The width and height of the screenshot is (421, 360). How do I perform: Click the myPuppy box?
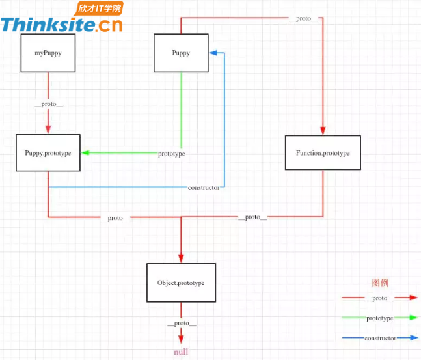click(48, 53)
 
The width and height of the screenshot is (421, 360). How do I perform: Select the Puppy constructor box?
click(181, 53)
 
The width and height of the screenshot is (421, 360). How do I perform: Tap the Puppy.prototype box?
click(48, 153)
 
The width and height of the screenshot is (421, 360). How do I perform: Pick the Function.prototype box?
click(322, 153)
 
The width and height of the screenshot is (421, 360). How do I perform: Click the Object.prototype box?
click(181, 283)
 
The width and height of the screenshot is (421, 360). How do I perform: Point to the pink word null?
click(182, 352)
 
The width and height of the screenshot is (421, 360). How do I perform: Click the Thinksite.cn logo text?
click(61, 25)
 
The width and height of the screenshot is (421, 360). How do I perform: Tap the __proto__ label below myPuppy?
click(49, 104)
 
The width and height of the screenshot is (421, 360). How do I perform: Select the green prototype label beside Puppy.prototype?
click(172, 154)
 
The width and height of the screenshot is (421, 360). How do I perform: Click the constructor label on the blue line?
click(204, 187)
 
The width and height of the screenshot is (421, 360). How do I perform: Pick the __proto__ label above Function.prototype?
click(304, 18)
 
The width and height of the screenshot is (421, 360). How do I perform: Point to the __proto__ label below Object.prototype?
click(182, 323)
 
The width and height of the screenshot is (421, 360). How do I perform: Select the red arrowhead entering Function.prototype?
click(322, 131)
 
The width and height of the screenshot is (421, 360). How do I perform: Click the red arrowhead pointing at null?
click(182, 339)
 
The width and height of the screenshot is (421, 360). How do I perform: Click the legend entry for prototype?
click(380, 318)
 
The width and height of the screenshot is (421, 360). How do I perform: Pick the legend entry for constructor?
click(380, 339)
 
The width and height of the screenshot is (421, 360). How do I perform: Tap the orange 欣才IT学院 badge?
click(100, 8)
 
